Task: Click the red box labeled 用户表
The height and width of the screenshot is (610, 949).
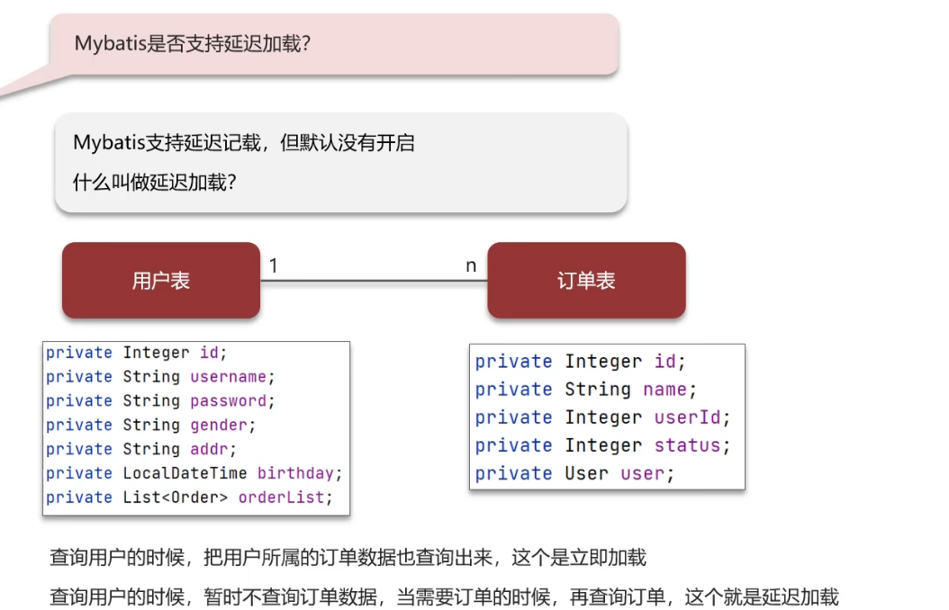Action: tap(161, 281)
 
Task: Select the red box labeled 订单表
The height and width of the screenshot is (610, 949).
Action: tap(586, 281)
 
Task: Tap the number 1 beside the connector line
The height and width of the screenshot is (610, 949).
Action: tap(274, 265)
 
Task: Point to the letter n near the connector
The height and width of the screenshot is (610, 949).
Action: tap(470, 265)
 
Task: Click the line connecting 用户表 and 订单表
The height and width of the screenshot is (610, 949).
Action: tap(374, 281)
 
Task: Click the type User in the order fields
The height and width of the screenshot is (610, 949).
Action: tap(586, 473)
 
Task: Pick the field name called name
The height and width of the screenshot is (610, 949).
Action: tap(664, 390)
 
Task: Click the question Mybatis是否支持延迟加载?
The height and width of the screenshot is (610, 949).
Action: tap(193, 44)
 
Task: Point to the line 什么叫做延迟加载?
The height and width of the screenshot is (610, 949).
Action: tap(154, 183)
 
